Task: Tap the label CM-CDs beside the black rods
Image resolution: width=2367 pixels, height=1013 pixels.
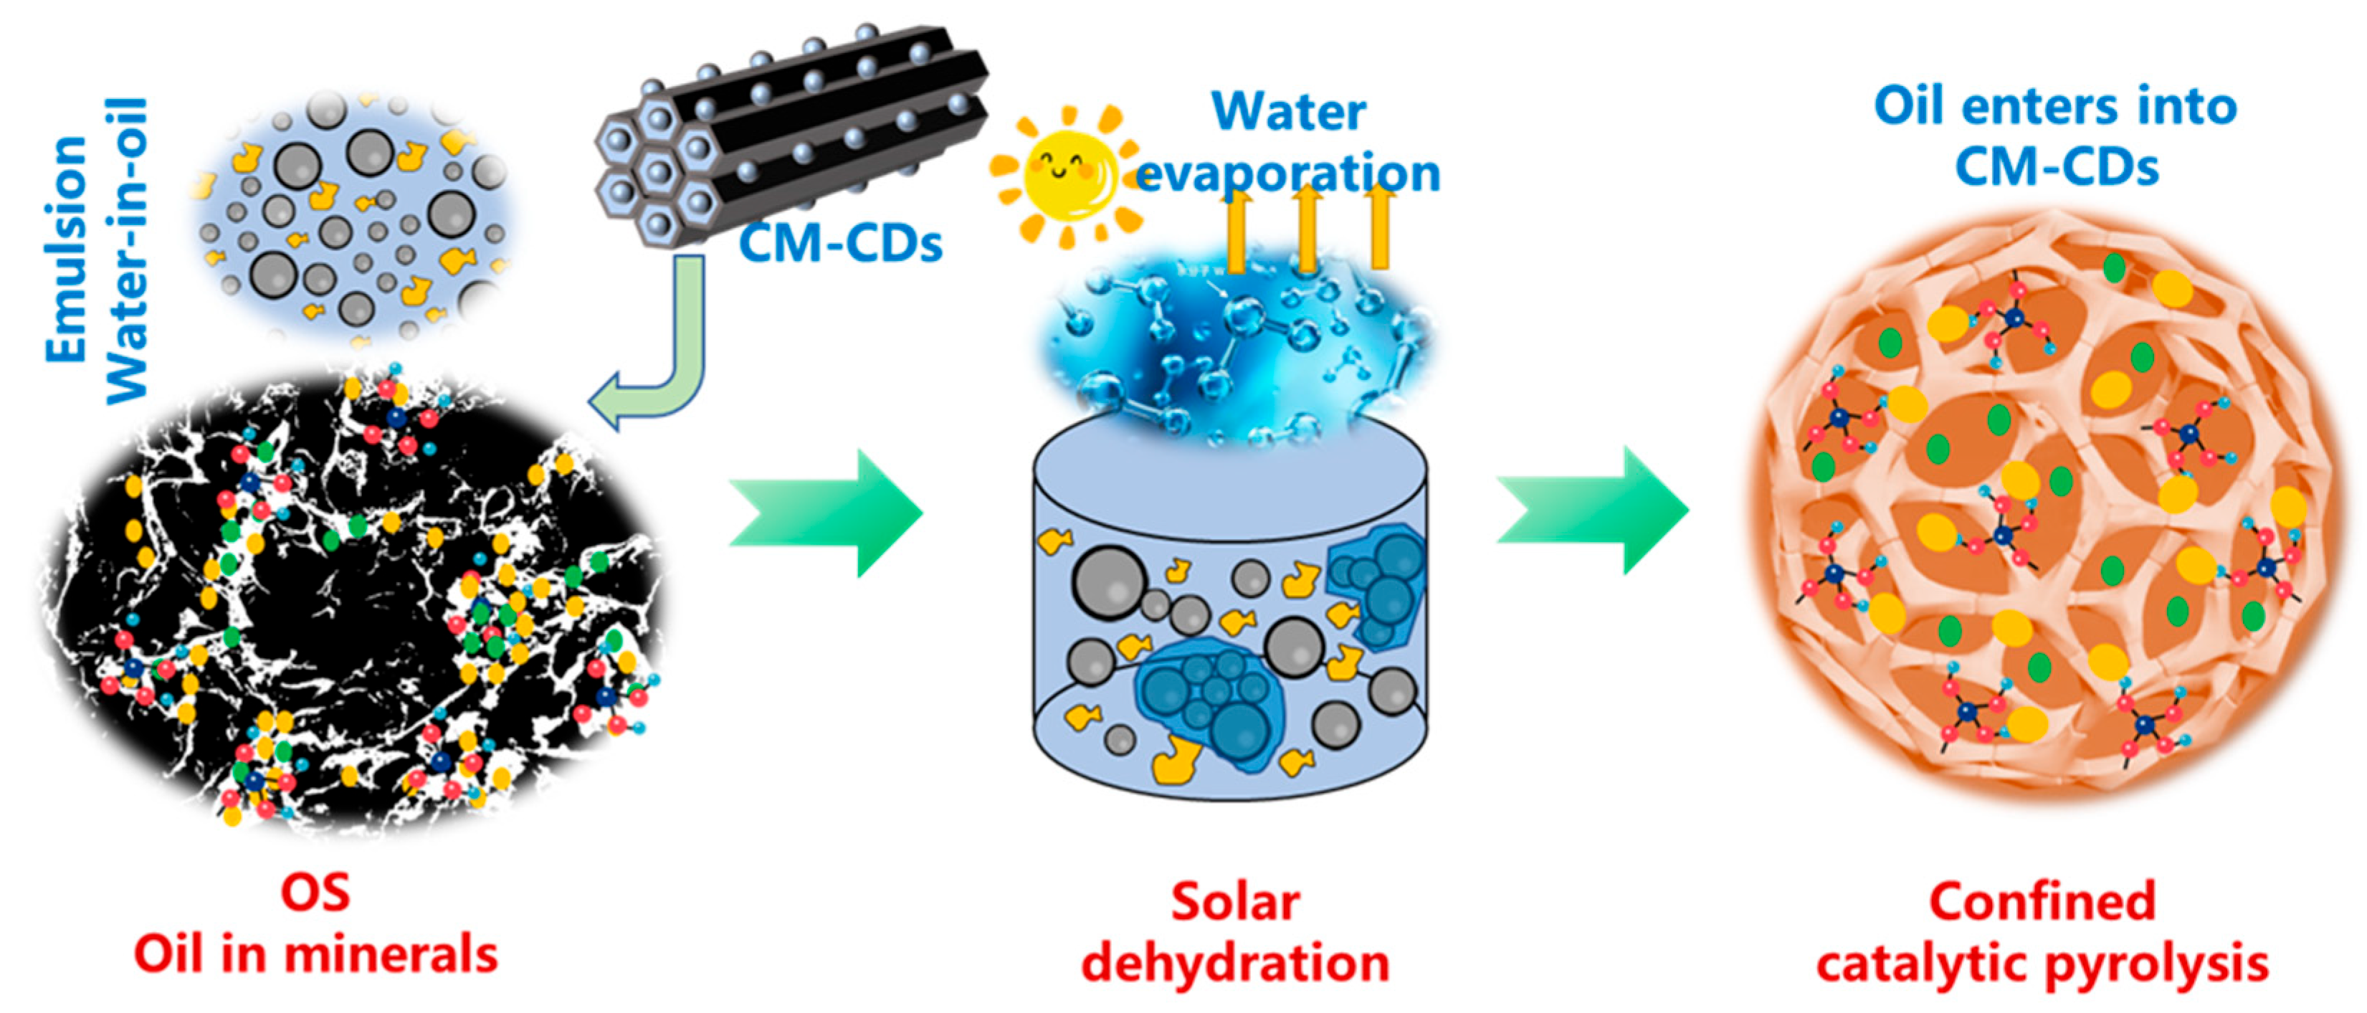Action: click(x=841, y=244)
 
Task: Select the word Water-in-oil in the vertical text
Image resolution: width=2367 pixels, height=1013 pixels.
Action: click(x=127, y=250)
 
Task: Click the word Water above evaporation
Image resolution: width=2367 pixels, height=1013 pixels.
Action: click(x=1288, y=112)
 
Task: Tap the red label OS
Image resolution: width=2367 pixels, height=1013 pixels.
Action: click(x=315, y=893)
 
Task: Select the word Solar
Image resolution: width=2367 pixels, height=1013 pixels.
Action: click(x=1235, y=903)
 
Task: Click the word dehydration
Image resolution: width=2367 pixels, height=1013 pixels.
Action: click(x=1235, y=964)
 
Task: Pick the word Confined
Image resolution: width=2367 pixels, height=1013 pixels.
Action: click(x=2042, y=901)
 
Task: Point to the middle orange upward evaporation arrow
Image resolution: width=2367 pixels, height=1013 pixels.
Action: click(x=1308, y=230)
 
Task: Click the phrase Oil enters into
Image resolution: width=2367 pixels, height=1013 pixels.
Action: click(x=2054, y=107)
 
